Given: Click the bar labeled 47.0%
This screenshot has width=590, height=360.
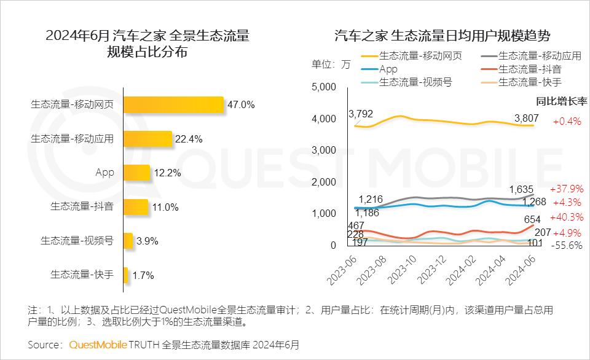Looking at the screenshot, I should (173, 105).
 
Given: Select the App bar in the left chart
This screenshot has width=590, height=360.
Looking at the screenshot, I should (136, 173).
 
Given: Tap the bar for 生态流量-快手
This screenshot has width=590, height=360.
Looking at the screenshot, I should (125, 275).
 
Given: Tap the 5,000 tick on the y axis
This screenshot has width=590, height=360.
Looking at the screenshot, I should (324, 87).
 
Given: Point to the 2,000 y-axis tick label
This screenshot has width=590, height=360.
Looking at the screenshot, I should (324, 182).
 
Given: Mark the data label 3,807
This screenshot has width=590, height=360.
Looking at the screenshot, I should (527, 119).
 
